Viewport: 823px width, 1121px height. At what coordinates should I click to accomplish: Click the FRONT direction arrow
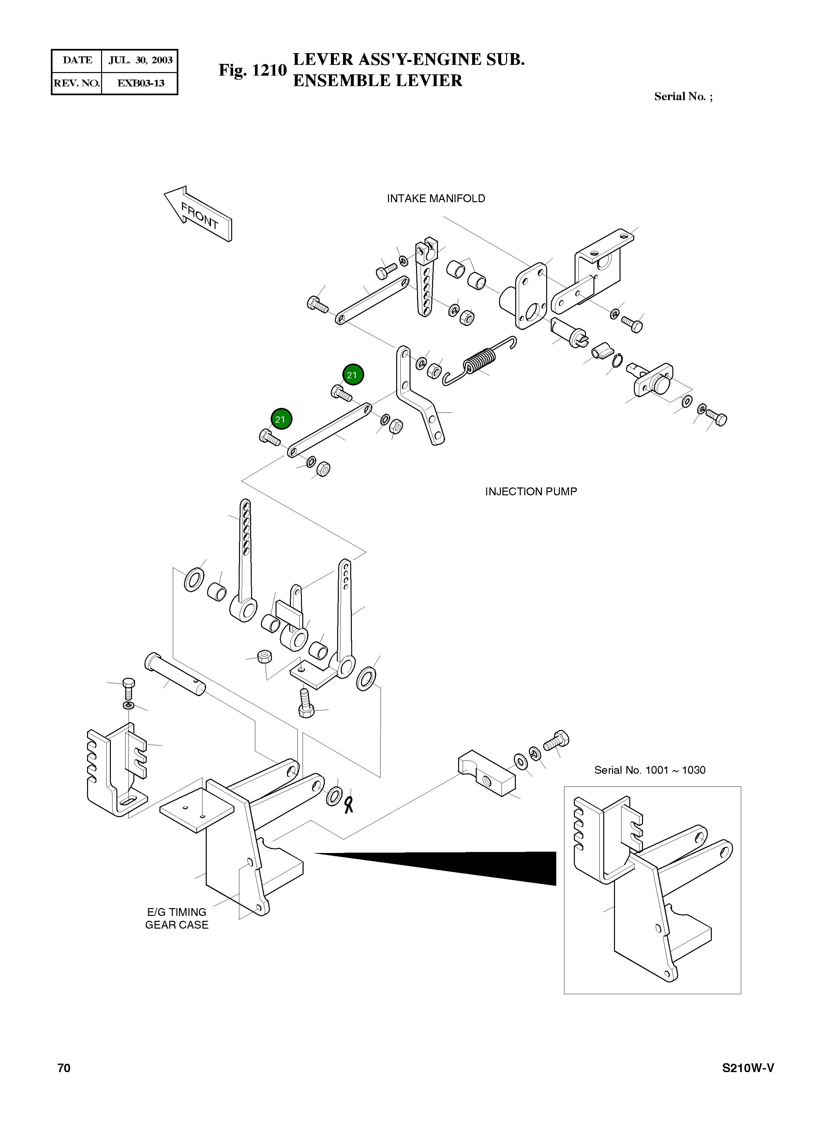pos(198,214)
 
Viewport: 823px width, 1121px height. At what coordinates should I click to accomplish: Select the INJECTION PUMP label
pos(531,492)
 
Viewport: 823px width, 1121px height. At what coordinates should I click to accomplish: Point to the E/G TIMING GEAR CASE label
pos(176,918)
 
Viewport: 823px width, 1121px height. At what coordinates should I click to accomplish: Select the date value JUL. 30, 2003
pos(141,60)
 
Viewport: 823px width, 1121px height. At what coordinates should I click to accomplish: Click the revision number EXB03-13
pos(141,83)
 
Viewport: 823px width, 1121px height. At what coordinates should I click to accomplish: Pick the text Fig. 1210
pos(253,70)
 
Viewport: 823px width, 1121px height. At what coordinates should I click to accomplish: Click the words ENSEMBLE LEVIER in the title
pos(378,81)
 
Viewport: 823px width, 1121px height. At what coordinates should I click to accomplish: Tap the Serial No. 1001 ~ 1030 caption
pos(650,770)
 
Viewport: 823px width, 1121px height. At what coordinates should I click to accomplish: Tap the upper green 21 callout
pos(353,375)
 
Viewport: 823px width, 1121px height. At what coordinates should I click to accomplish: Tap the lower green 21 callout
pos(281,419)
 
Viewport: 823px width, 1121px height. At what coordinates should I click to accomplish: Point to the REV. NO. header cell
pos(77,83)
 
